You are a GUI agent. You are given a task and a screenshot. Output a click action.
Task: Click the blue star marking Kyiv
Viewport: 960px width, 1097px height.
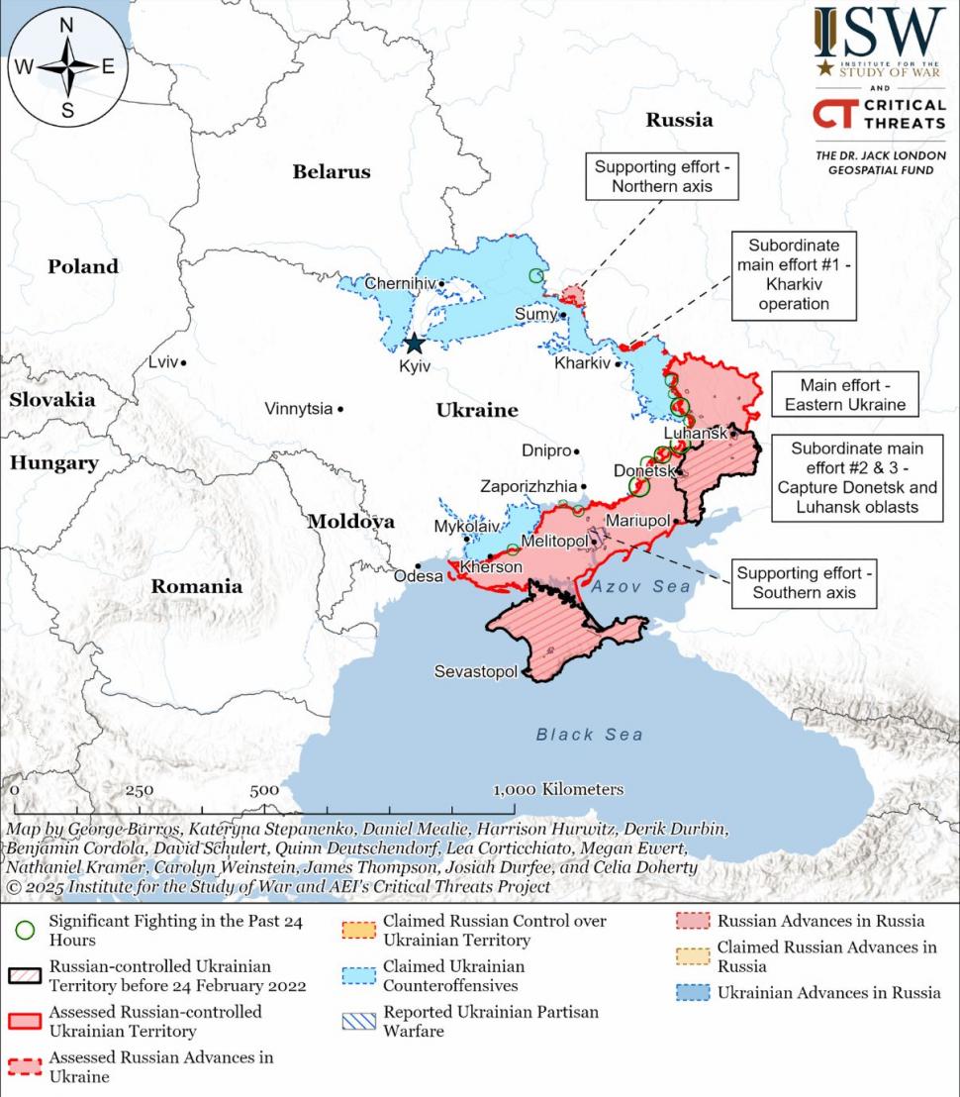click(x=414, y=344)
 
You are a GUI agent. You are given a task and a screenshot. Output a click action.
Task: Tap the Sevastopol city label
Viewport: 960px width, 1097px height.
click(x=475, y=672)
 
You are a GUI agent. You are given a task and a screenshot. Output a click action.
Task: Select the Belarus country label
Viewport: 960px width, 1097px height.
click(x=331, y=171)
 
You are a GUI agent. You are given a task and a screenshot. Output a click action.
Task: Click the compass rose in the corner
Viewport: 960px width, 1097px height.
click(x=67, y=67)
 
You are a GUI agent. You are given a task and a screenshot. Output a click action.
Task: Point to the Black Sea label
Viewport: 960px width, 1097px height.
click(x=589, y=735)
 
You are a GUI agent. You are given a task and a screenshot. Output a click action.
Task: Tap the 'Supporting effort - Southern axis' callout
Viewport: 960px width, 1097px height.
click(x=805, y=583)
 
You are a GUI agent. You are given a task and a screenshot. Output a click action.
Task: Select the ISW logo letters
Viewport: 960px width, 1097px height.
click(x=879, y=32)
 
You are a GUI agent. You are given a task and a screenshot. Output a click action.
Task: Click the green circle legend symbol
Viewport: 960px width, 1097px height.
click(x=27, y=931)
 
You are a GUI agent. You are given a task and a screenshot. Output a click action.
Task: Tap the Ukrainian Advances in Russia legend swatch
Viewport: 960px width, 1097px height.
click(x=695, y=993)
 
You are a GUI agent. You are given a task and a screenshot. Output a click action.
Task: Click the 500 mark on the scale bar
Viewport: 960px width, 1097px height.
click(x=264, y=790)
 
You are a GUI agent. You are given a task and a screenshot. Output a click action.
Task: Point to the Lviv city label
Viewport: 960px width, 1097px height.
click(x=162, y=362)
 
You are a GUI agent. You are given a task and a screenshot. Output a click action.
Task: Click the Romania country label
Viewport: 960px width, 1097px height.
click(x=196, y=586)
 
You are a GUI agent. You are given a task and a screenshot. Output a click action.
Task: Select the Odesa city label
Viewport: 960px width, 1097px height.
click(x=415, y=576)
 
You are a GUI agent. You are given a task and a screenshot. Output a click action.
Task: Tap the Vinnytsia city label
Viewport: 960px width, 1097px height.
click(x=298, y=409)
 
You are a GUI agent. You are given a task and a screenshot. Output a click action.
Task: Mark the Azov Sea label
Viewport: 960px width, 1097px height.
click(x=641, y=587)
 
